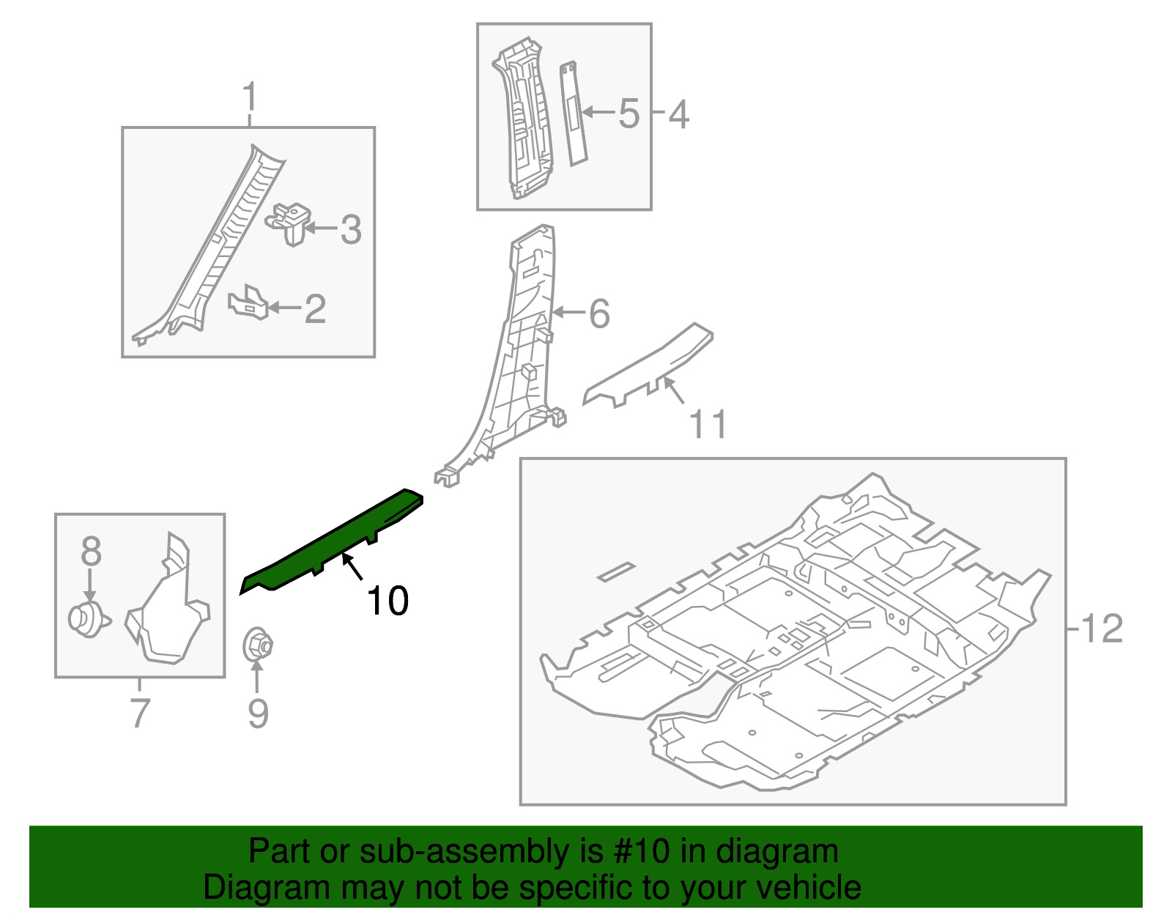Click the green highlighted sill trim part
coord(333,541)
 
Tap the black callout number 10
coord(387,601)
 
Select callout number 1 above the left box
coord(250,97)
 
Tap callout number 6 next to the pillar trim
coord(599,314)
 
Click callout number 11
coord(708,425)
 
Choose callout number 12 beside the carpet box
coord(1101,629)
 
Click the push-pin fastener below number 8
coord(87,620)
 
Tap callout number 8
coord(91,551)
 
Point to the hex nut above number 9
coord(257,645)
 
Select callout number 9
coord(258,714)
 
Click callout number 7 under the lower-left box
coord(139,712)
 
